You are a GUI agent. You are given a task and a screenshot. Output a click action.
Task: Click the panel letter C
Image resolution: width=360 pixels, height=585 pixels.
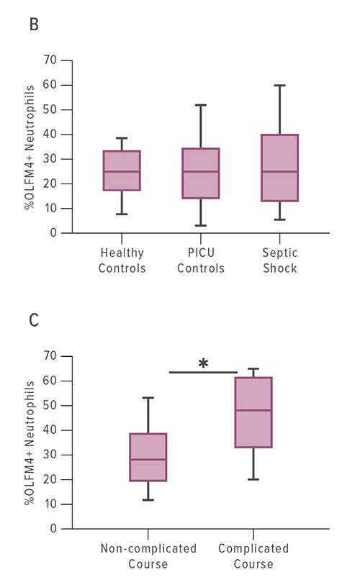34,319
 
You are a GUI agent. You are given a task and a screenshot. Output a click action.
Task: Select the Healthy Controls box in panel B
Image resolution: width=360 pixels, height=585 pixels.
122,171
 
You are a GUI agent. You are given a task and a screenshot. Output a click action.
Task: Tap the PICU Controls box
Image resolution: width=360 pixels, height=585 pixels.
202,173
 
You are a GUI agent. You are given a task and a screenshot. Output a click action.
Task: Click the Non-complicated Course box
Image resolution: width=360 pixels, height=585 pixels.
148,457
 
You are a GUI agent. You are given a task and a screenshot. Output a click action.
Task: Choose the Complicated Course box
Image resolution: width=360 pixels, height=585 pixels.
253,412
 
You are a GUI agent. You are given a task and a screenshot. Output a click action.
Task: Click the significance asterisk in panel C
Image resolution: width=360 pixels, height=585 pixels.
203,364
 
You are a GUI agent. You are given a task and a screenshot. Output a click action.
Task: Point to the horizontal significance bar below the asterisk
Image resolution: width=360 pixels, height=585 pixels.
203,372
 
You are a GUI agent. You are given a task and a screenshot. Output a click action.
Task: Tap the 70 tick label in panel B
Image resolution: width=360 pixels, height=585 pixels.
50,60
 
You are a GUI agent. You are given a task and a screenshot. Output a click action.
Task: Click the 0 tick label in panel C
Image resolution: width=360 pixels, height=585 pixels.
53,529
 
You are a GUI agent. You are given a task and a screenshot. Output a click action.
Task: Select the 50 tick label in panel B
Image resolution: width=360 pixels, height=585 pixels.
50,110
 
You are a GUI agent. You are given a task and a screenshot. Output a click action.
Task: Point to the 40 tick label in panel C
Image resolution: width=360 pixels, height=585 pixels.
50,430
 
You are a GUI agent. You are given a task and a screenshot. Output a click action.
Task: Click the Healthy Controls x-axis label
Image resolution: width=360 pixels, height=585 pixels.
122,260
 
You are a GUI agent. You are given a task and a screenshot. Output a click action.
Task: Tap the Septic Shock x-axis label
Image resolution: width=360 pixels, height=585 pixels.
280,260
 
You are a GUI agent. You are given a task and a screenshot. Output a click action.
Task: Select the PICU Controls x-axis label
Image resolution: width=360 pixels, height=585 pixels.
202,260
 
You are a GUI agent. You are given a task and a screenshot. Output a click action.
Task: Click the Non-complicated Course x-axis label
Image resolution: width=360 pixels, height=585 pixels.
148,556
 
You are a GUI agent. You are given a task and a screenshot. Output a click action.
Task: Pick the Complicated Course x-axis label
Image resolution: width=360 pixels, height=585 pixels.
253,556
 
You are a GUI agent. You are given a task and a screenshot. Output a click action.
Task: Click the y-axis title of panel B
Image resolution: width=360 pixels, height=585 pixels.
30,147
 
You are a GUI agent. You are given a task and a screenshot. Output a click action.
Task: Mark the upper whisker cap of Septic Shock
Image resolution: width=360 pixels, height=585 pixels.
280,86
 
